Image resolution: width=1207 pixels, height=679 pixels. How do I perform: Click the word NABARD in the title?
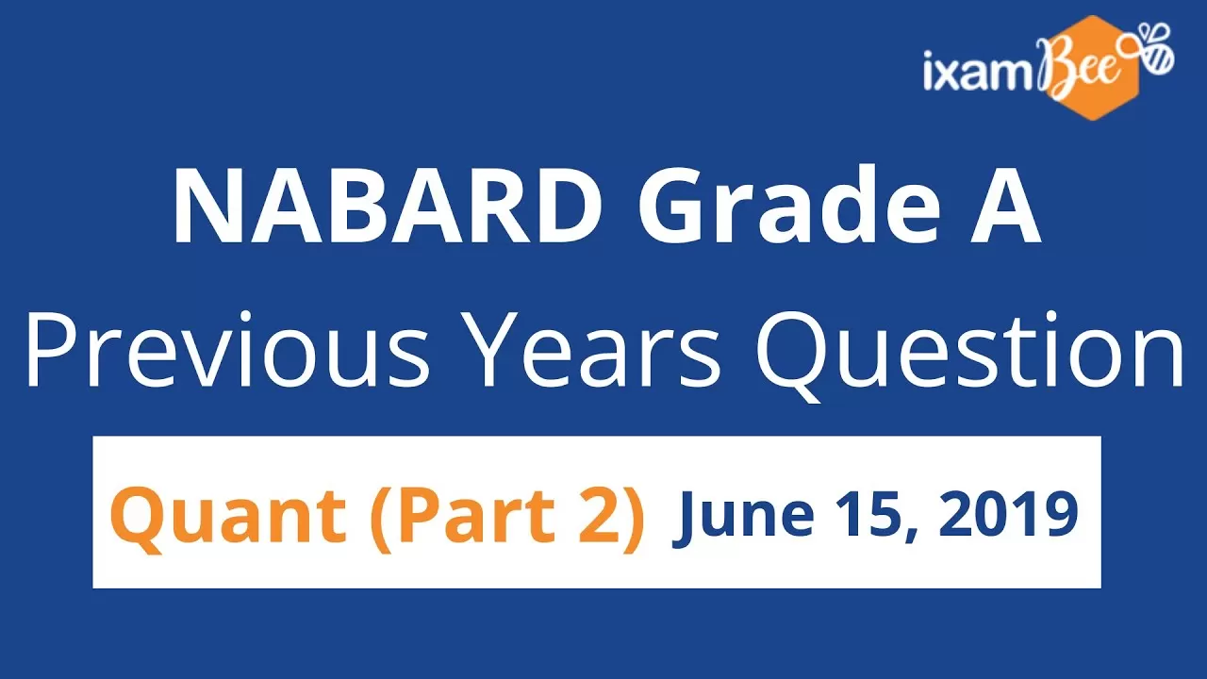click(x=388, y=207)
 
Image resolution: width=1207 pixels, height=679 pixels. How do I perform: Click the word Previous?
click(x=227, y=349)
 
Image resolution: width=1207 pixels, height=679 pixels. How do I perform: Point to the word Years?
click(x=594, y=350)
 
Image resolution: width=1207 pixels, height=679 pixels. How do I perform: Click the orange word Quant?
click(x=228, y=516)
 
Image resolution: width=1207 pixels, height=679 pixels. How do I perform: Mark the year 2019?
click(x=1009, y=514)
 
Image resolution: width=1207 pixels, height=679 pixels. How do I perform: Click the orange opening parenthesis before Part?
click(x=383, y=519)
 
